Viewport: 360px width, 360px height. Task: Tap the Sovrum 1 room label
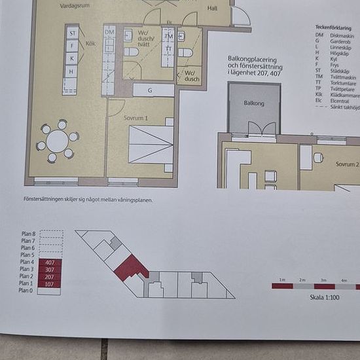(x=136, y=118)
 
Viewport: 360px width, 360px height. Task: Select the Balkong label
(x=254, y=103)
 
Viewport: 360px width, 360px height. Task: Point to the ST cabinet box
(x=72, y=33)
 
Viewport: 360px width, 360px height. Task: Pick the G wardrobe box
(x=151, y=90)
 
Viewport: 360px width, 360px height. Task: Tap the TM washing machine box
(x=168, y=36)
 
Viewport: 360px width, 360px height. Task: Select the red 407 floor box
(x=50, y=262)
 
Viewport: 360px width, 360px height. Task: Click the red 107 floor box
(x=50, y=284)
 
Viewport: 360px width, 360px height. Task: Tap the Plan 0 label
(x=27, y=291)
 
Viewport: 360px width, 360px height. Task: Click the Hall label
(x=211, y=9)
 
